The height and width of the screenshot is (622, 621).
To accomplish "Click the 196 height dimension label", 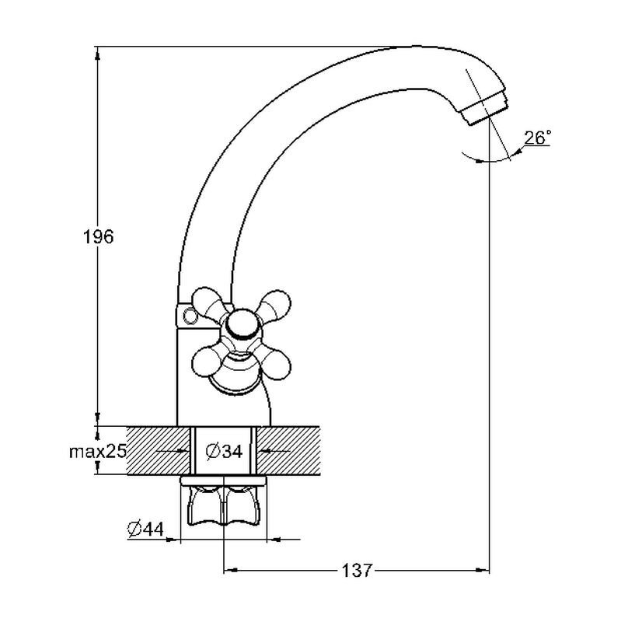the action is (98, 237).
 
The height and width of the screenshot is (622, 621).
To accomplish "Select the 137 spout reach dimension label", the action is (357, 571).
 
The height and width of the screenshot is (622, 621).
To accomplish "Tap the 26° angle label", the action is (538, 138).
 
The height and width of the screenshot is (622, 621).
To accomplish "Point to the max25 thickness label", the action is (98, 452).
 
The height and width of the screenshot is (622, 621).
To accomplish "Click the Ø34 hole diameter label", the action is (224, 451).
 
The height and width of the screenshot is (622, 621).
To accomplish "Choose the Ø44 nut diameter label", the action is (145, 529).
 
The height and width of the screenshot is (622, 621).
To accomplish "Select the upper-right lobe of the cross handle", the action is (274, 305).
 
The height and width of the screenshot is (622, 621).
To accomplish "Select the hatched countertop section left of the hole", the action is (159, 450).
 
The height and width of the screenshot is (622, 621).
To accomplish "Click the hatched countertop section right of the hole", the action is (288, 450).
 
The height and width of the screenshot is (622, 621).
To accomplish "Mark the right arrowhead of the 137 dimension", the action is (483, 571).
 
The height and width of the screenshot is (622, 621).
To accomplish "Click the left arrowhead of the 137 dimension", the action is (231, 571).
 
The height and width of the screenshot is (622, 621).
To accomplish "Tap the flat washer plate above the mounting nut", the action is (224, 480).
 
